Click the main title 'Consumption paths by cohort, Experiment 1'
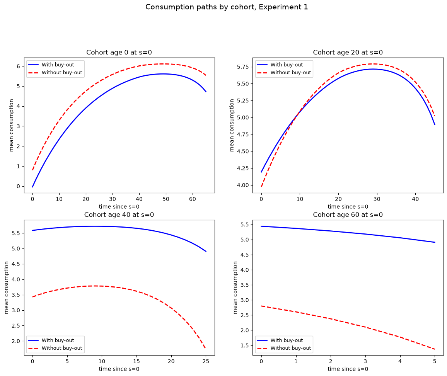coord(227,7)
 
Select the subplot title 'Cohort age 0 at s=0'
coord(119,53)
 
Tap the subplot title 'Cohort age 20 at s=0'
coord(348,53)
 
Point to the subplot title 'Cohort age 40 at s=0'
coord(119,214)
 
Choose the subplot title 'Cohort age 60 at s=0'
coord(348,214)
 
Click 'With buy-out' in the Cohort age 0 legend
coord(58,65)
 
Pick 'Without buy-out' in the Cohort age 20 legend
coord(291,73)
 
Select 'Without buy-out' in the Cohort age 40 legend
coord(62,348)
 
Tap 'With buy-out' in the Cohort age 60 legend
coord(287,340)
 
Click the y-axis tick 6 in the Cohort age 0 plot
coord(19,66)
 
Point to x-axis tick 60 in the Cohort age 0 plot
coord(193,199)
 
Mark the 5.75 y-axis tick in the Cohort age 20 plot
coord(242,67)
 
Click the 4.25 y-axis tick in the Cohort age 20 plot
coord(242,168)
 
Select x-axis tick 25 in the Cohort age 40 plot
coord(206,361)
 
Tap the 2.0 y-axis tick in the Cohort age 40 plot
coord(16,341)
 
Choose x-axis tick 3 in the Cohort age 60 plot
coord(365,361)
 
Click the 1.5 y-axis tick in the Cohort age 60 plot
coord(245,345)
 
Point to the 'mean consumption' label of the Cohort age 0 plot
coord(11,125)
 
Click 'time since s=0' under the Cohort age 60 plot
coord(348,369)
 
